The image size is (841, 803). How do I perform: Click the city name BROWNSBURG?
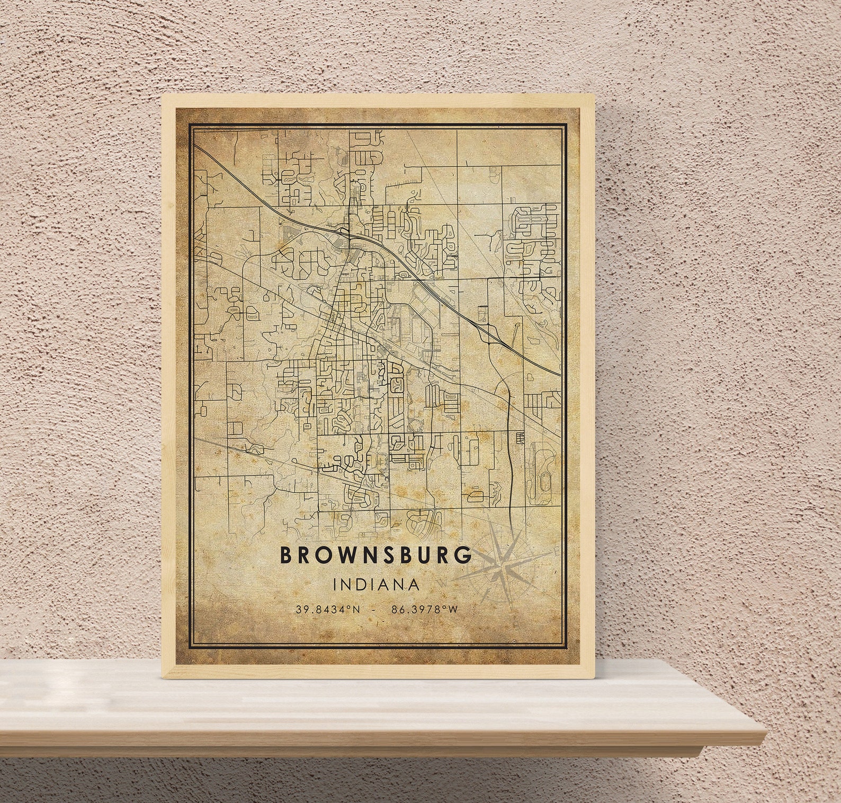(x=375, y=555)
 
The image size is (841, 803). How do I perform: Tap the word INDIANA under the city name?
(x=377, y=585)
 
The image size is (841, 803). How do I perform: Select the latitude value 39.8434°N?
(x=328, y=610)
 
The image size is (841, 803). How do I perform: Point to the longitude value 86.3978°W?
(x=424, y=610)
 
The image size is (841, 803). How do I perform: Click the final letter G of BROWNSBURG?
(x=463, y=555)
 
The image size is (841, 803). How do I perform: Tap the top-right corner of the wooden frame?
(x=593, y=96)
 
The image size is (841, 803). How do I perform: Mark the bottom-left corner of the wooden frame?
(x=162, y=677)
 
